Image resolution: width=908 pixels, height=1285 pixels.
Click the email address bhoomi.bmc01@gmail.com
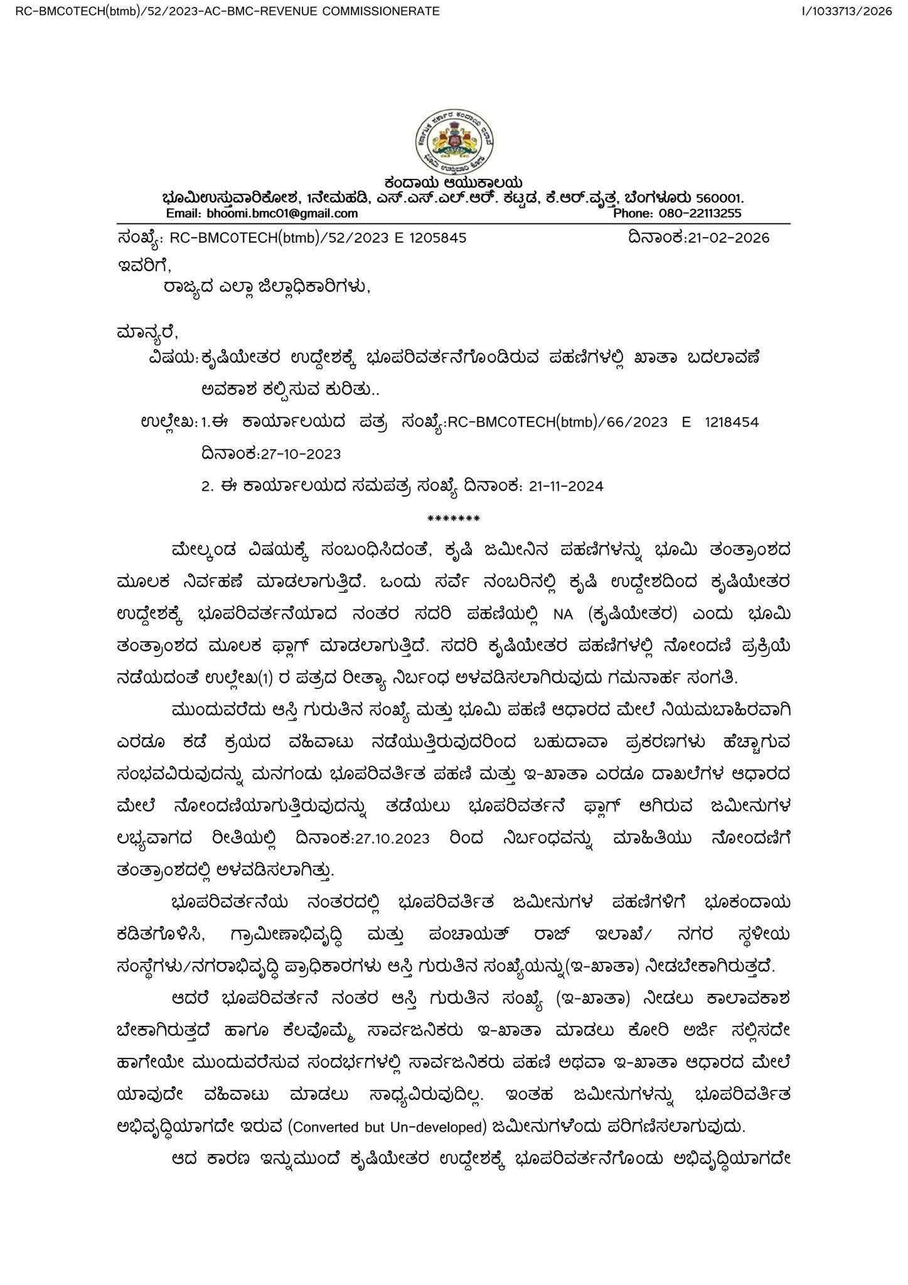coord(282,213)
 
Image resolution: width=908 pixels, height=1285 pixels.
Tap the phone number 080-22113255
coord(700,213)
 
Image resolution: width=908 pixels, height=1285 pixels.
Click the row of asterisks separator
coord(453,519)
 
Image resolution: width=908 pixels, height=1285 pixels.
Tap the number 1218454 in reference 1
coord(731,422)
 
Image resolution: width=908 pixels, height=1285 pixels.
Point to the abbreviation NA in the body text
coord(563,616)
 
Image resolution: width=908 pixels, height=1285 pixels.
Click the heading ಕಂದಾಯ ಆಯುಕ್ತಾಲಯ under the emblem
coord(454,183)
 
